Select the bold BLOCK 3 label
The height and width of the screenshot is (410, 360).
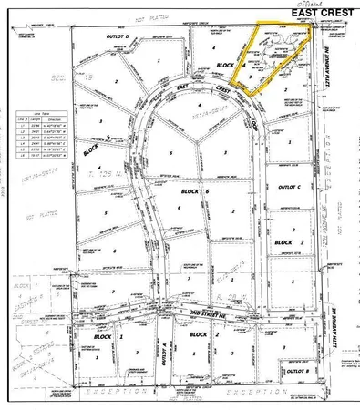point(288,241)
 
